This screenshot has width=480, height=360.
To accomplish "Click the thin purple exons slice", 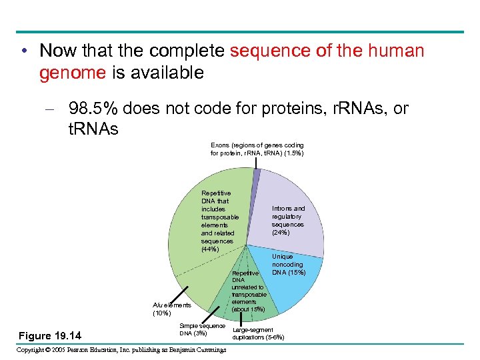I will tap(256, 175).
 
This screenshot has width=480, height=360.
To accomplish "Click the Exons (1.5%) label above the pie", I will tap(257, 149).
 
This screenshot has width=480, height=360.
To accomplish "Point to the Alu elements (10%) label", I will tap(171, 309).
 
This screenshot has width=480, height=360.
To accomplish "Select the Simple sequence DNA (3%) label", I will tap(202, 329).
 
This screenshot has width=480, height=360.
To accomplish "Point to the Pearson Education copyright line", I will tap(121, 351).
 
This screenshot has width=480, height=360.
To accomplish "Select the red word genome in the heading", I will tap(72, 73).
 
